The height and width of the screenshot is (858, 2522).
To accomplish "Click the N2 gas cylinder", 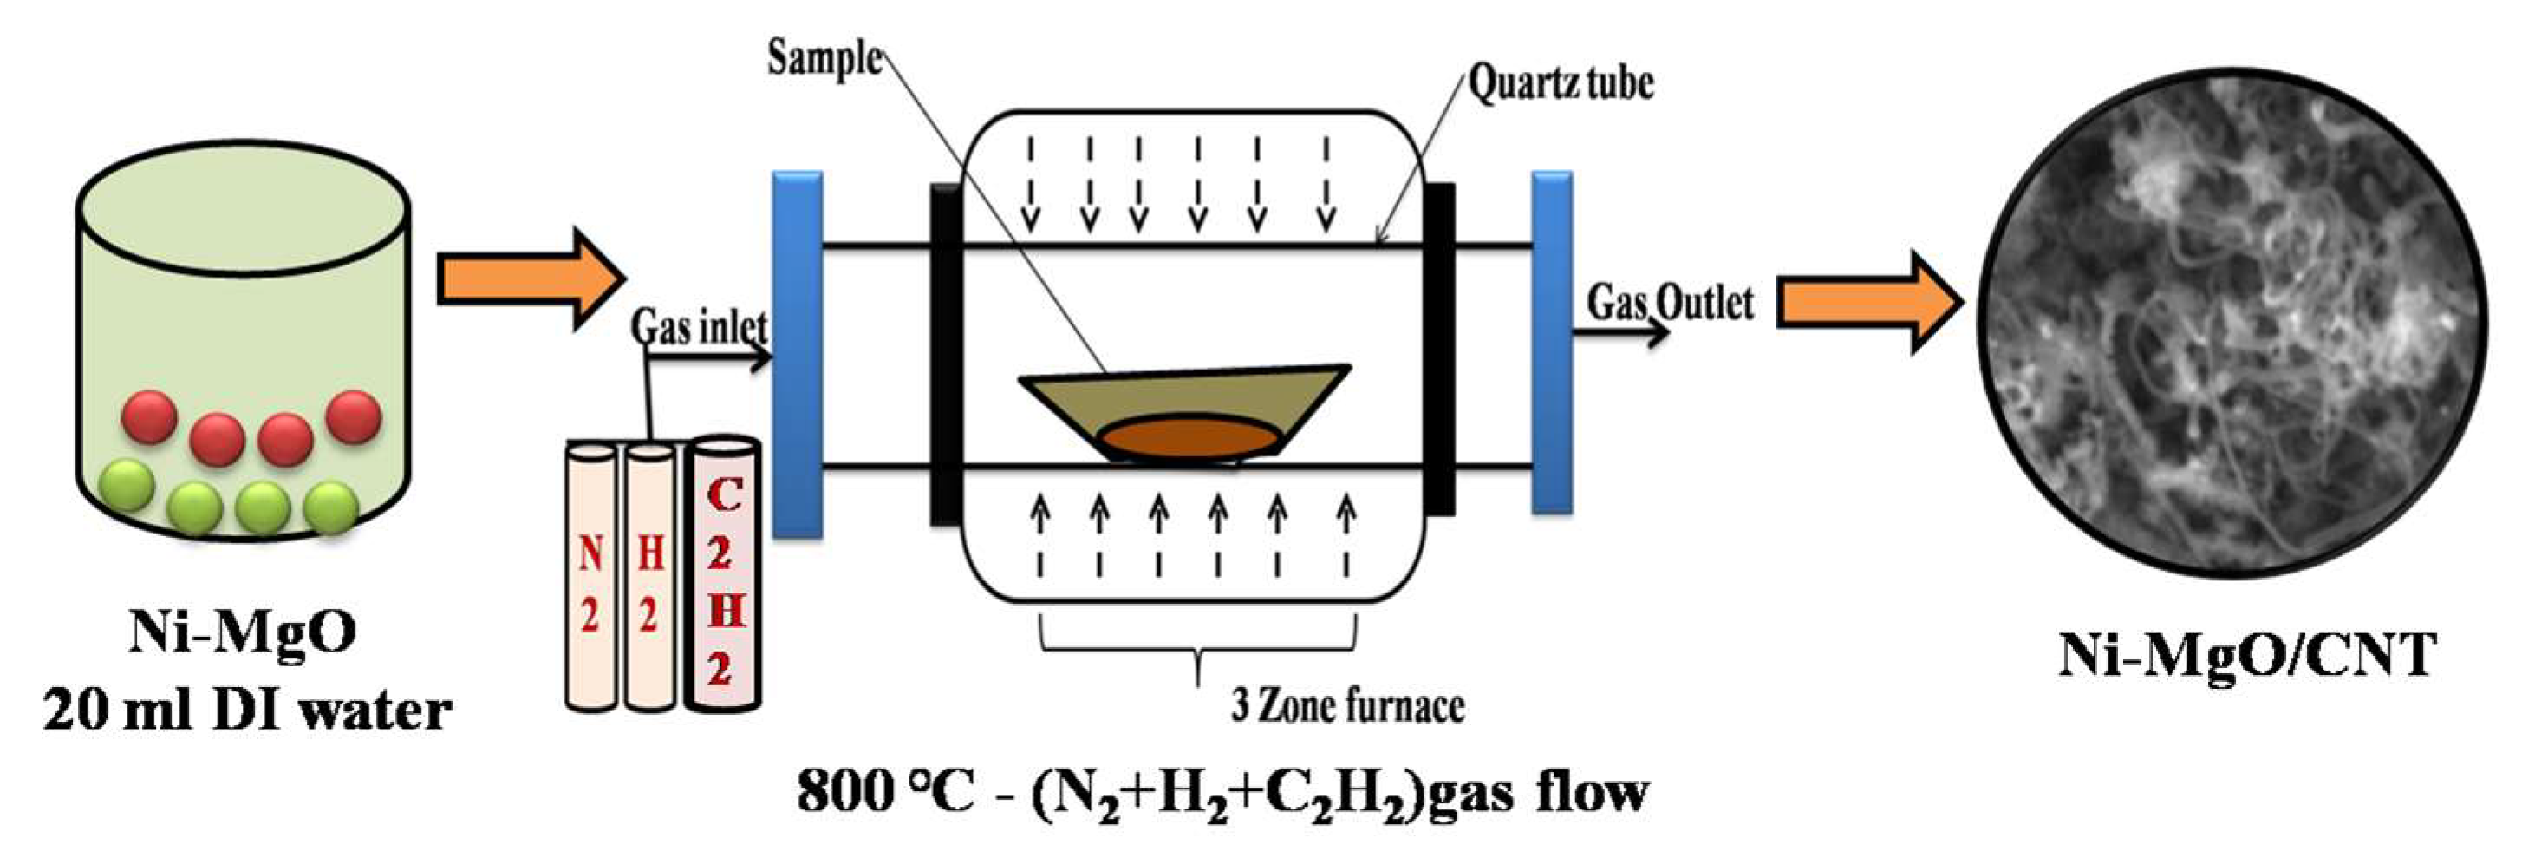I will pos(590,578).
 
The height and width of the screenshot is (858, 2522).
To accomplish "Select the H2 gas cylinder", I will pos(649,578).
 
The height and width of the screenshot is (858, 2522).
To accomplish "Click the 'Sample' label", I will pos(824,59).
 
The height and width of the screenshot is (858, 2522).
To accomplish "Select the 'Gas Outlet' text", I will pos(1671,303).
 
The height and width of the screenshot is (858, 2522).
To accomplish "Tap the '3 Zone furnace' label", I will pos(1347,706).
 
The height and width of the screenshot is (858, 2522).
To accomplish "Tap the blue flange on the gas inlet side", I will pos(797,355).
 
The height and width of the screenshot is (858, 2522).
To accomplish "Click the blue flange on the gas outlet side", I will pos(1551,343).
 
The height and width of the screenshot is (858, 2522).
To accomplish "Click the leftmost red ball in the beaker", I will pos(149,416).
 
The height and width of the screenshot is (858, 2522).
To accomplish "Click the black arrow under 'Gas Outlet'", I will pos(1619,333).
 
